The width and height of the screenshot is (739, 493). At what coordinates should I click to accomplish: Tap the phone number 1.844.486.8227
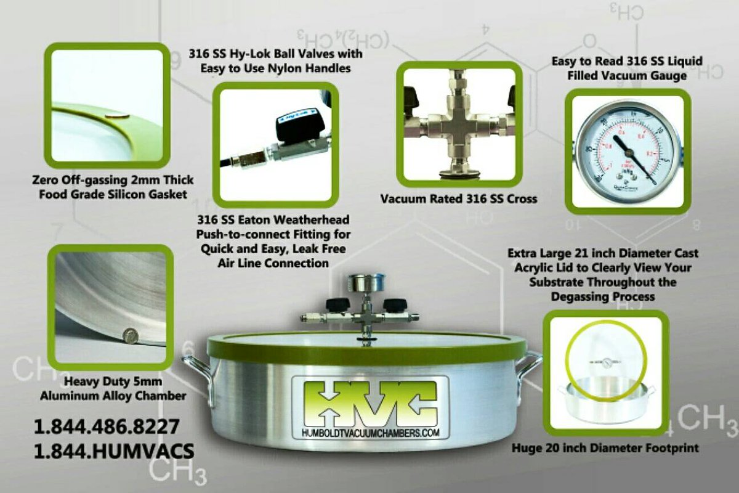click(x=106, y=426)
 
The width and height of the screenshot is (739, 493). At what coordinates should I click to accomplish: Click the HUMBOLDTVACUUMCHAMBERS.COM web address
click(x=369, y=433)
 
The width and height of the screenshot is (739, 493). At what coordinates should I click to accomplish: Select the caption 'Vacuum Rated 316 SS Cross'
click(x=458, y=199)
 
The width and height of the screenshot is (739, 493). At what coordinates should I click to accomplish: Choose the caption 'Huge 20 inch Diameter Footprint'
click(x=605, y=448)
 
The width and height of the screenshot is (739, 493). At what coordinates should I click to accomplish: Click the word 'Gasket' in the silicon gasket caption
click(x=167, y=194)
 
